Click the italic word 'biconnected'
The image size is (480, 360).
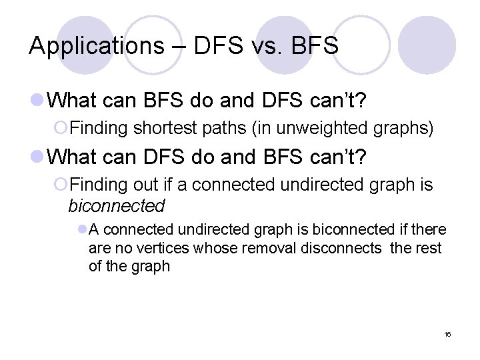pos(116,205)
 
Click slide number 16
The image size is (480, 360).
pos(447,334)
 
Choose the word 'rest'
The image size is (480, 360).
pos(431,248)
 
